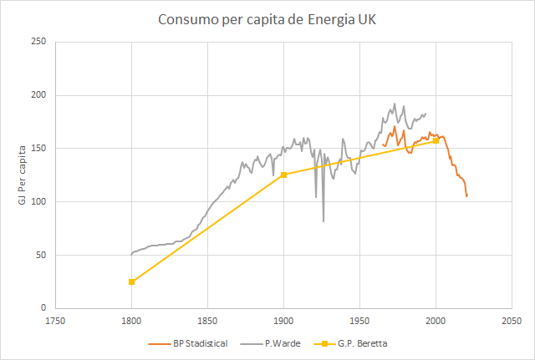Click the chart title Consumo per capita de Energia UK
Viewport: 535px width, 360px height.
[x=267, y=18]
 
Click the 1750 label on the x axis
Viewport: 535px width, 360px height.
[x=55, y=321]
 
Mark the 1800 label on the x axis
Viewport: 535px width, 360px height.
[x=131, y=321]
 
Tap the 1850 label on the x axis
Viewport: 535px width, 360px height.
[x=207, y=321]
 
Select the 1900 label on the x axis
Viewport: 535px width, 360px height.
[x=283, y=321]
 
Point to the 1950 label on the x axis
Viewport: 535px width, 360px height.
[x=359, y=321]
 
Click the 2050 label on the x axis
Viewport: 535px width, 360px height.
[x=512, y=321]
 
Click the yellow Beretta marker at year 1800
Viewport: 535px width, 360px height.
[x=131, y=281]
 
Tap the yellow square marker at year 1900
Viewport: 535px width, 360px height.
[x=283, y=175]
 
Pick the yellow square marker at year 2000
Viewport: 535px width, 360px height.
[x=436, y=140]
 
